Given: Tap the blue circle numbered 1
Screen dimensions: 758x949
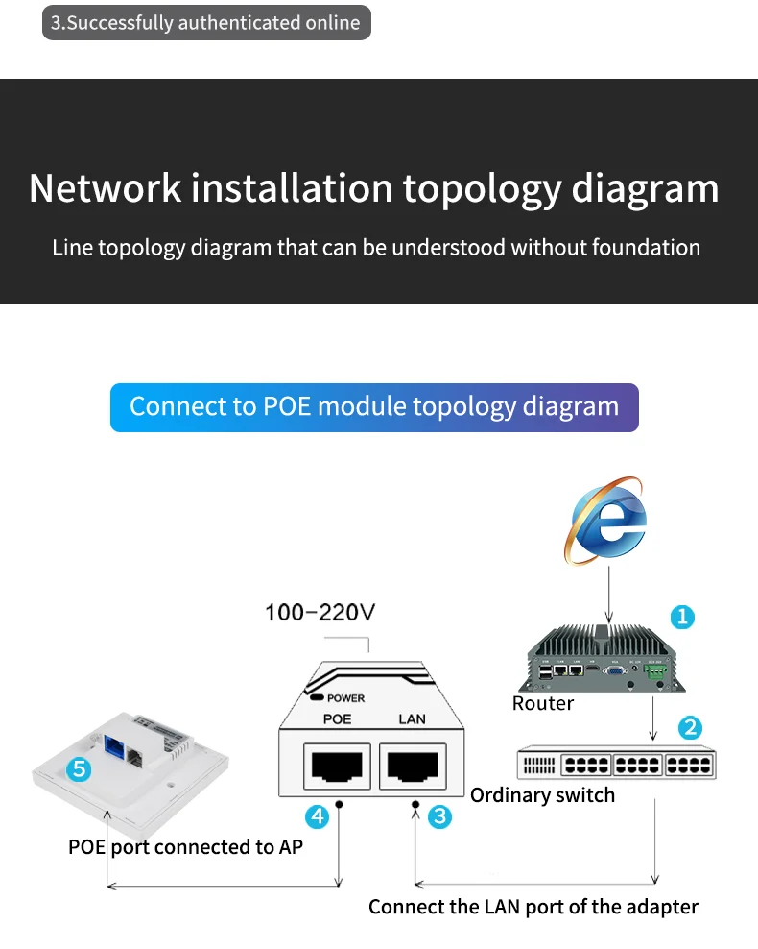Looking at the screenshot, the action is (x=681, y=617).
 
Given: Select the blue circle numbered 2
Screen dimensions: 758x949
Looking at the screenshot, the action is (x=690, y=727).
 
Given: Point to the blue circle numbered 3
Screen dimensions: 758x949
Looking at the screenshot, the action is (x=439, y=816).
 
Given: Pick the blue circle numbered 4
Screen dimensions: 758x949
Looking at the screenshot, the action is (x=317, y=816).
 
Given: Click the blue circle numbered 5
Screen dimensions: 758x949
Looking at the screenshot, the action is (x=80, y=768).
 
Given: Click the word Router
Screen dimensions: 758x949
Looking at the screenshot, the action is (x=542, y=703).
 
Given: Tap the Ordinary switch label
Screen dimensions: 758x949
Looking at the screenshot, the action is (x=542, y=794).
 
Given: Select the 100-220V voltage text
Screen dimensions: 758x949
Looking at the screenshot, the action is (x=320, y=612).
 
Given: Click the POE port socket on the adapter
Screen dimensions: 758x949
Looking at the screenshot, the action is (x=336, y=766).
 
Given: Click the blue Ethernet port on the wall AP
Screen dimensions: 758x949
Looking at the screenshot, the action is (x=115, y=742).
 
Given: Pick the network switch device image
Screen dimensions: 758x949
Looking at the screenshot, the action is (x=616, y=764).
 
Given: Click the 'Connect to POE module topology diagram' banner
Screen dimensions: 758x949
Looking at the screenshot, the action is (x=374, y=406).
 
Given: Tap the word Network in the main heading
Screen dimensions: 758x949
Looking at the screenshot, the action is (x=105, y=188).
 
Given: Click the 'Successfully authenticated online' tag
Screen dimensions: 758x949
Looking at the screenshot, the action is (x=206, y=23).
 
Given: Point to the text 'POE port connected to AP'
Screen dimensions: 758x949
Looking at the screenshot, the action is (x=185, y=846).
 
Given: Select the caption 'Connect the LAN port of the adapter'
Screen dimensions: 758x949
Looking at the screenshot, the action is (x=533, y=906).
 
